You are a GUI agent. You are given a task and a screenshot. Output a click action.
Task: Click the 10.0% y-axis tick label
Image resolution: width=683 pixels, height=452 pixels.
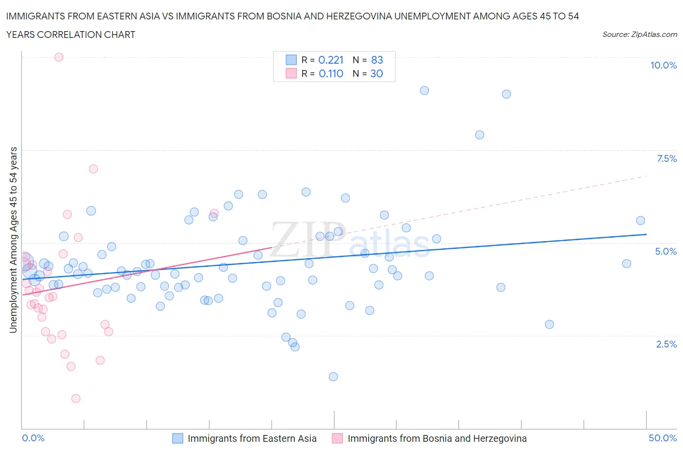pos(664,65)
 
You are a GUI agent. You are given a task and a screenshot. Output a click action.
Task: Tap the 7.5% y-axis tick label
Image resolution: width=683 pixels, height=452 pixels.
pos(666,158)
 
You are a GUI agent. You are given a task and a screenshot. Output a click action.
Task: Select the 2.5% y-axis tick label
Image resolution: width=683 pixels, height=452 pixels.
pos(666,344)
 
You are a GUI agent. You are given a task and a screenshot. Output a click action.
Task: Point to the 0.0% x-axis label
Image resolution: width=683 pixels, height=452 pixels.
pos(34,438)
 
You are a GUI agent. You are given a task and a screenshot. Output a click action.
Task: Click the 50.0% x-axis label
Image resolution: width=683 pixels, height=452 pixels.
pos(663,438)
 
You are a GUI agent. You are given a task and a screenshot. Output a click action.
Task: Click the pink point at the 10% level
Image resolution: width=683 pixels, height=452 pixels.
pos(59,57)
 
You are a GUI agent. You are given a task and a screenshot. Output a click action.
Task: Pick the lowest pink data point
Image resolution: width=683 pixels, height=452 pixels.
pos(76,399)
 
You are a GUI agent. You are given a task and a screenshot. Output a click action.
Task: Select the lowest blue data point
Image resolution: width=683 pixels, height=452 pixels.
pos(333,377)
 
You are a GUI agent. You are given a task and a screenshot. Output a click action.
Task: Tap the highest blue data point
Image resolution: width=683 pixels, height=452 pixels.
pos(424,90)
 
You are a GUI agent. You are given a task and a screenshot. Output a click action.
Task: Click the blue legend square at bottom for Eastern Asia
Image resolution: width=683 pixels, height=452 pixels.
pos(178,438)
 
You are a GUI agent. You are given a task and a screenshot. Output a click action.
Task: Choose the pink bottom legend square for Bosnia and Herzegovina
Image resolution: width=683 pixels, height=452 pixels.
pos(337,438)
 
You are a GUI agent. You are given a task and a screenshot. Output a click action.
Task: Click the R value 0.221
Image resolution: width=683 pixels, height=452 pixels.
pos(331,60)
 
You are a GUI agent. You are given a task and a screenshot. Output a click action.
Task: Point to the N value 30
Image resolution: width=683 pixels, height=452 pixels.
pos(376,73)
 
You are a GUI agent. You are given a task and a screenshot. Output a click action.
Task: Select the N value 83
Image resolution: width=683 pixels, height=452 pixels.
pos(377,60)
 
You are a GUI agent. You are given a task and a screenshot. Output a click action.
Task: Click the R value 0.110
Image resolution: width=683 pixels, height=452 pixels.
pos(331,73)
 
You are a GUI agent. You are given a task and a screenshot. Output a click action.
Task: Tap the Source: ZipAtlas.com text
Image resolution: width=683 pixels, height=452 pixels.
pos(639,34)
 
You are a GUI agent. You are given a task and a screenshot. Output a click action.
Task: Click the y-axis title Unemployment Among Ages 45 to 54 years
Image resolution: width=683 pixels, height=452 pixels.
pos(14,240)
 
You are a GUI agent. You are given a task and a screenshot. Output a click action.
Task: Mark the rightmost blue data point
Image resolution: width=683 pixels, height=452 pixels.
pos(640,221)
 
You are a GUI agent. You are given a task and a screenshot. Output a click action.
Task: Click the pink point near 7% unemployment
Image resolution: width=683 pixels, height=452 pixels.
pos(93,169)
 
